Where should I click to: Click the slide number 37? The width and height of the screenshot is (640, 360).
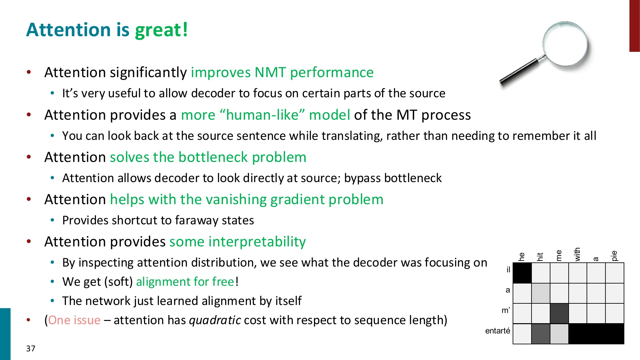tap(31, 348)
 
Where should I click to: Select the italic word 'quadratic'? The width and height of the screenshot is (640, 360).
tap(215, 320)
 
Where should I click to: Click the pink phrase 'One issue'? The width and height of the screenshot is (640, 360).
tap(74, 320)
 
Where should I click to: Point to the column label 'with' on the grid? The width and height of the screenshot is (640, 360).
tap(577, 254)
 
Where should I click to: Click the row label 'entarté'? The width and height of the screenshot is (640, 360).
tap(498, 331)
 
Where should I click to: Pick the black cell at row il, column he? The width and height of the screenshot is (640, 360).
tap(522, 273)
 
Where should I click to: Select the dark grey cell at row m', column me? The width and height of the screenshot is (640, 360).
tap(559, 313)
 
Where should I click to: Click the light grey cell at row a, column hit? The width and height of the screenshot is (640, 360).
tap(540, 293)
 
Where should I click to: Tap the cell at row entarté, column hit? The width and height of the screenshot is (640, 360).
tap(540, 334)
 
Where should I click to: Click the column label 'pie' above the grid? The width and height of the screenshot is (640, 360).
tap(614, 256)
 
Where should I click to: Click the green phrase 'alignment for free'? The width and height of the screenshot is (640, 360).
tap(185, 282)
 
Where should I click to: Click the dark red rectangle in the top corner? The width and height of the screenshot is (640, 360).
tap(634, 26)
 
